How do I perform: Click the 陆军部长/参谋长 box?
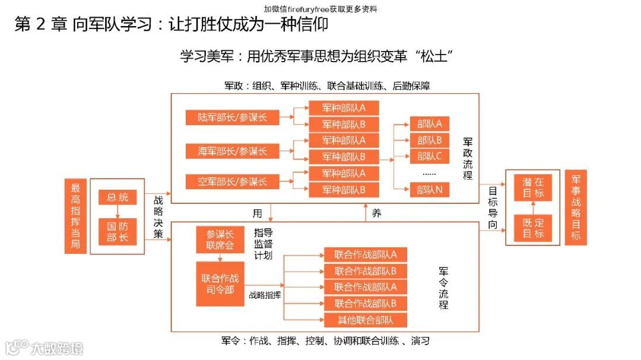click(232, 117)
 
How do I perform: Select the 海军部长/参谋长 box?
click(232, 151)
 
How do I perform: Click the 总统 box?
click(118, 197)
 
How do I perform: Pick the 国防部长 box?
click(118, 232)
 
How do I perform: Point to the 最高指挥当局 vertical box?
click(75, 216)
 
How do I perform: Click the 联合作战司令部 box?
click(220, 284)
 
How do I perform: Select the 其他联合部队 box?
click(365, 320)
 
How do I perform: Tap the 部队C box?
click(430, 157)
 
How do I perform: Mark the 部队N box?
click(430, 190)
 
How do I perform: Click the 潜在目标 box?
click(533, 187)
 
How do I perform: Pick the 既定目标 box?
click(533, 228)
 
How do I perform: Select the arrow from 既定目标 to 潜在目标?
click(533, 208)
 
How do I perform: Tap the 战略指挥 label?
click(265, 294)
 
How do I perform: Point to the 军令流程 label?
click(443, 288)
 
